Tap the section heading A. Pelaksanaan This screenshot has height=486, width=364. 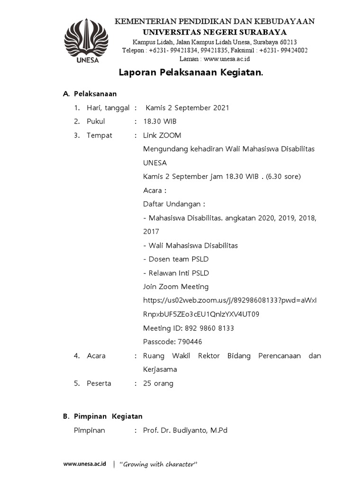pyautogui.click(x=90, y=93)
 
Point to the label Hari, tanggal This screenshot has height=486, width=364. pyautogui.click(x=108, y=108)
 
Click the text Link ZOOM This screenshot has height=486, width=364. pyautogui.click(x=162, y=135)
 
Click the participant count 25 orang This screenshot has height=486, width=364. pyautogui.click(x=158, y=383)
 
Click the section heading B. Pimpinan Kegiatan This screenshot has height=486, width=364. pyautogui.click(x=103, y=416)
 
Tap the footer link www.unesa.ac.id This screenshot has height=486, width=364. pyautogui.click(x=85, y=464)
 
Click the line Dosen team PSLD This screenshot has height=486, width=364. pyautogui.click(x=176, y=259)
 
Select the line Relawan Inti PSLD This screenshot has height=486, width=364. pyautogui.click(x=176, y=273)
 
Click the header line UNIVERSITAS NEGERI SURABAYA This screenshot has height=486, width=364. pyautogui.click(x=215, y=32)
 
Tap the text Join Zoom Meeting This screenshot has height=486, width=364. pyautogui.click(x=176, y=287)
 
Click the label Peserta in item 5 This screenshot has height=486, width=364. pyautogui.click(x=99, y=383)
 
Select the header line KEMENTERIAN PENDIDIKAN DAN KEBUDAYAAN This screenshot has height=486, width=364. pyautogui.click(x=215, y=21)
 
